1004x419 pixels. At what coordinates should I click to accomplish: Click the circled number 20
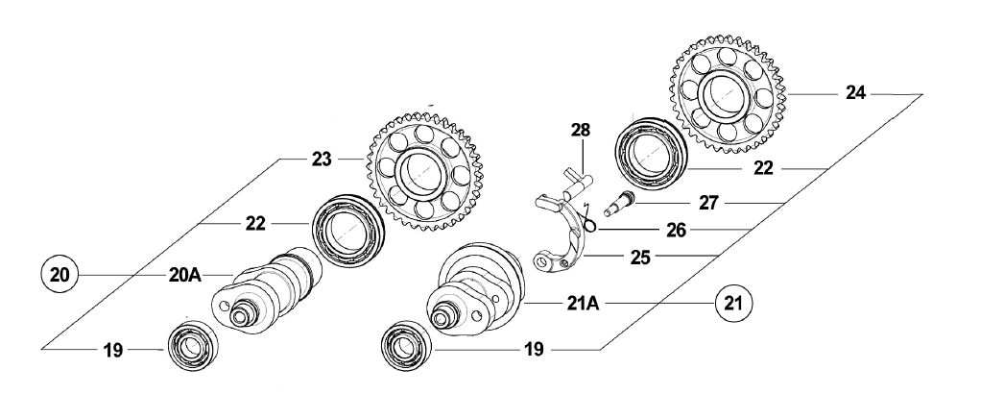60,275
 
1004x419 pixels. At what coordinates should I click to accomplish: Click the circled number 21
732,304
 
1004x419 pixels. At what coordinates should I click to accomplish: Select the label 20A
183,275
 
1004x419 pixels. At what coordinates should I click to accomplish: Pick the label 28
582,129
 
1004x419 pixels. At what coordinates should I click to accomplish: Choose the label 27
708,203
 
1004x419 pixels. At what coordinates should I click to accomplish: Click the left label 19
113,351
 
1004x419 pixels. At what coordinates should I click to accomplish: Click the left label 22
254,224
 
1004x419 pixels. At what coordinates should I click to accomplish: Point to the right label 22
762,167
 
